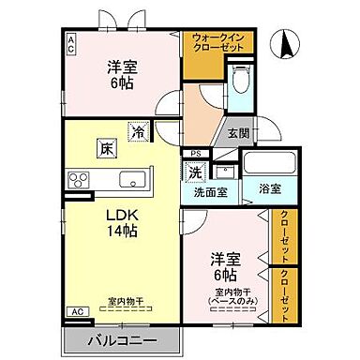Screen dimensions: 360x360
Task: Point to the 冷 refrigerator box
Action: tap(138, 133)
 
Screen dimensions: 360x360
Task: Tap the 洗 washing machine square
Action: tap(195, 172)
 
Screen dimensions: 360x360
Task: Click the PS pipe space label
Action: tap(195, 154)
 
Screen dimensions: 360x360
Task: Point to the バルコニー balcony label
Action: tap(122, 339)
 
